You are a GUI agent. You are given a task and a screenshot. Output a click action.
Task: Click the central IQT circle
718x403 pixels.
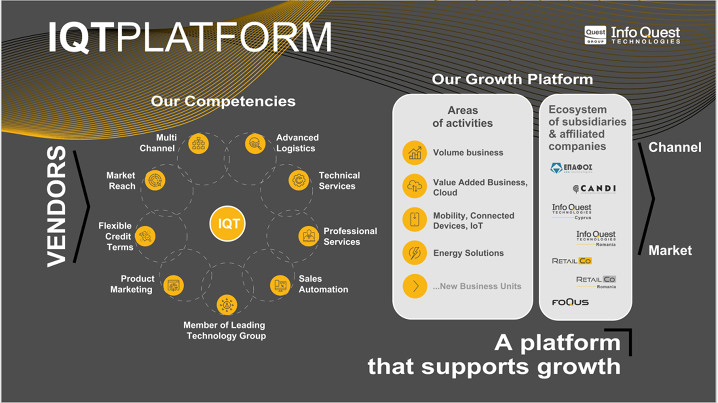228,224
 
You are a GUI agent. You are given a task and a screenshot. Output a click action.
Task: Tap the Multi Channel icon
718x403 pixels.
198,144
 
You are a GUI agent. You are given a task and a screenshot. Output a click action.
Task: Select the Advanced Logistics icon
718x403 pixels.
255,144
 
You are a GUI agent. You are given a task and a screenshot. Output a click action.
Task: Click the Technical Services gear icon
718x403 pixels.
299,180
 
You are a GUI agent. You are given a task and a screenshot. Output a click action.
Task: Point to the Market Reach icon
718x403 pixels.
155,180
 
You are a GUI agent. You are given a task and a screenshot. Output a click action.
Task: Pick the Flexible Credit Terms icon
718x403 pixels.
145,236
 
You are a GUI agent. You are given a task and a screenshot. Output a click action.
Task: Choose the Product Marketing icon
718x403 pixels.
173,285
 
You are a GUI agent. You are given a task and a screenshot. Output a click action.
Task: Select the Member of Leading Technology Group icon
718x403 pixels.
227,305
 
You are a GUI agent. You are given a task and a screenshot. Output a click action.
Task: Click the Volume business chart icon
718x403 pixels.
414,153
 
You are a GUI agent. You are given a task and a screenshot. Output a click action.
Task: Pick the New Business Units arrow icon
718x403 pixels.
415,286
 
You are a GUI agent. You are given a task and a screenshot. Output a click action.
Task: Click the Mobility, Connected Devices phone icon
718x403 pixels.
414,219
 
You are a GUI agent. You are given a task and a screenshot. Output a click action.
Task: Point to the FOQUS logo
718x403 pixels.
570,302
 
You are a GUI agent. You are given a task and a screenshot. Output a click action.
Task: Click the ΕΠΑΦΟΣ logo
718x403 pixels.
571,168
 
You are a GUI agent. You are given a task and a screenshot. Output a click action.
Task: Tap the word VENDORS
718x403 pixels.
57,206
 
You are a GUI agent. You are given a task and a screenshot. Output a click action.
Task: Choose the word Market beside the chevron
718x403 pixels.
670,250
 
